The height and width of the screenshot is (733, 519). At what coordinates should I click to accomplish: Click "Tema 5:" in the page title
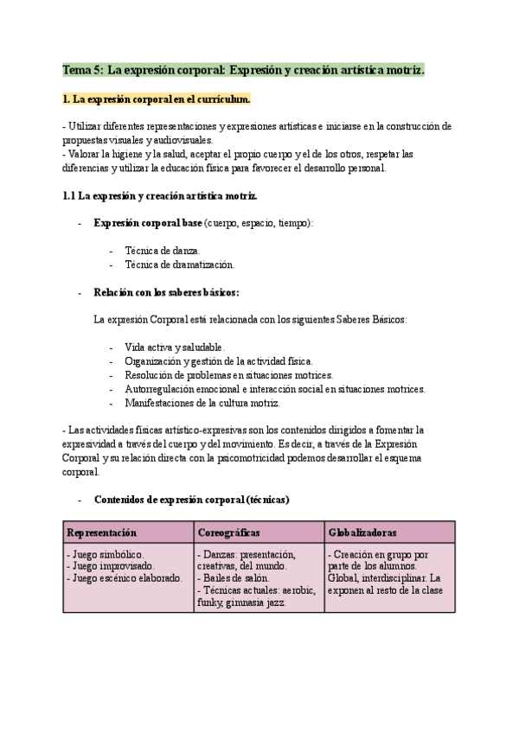tap(83, 69)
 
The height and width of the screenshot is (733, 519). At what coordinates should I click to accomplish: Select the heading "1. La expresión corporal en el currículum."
tap(157, 99)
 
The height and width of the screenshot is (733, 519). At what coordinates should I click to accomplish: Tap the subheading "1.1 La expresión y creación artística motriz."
tap(159, 196)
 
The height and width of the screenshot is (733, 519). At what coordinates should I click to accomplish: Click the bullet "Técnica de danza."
tap(162, 251)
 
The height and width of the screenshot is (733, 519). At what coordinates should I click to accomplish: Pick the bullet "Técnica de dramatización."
tap(179, 265)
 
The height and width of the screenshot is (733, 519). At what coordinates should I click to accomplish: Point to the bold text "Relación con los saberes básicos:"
tap(166, 292)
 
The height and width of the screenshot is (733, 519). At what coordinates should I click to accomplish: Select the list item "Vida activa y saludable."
tap(175, 347)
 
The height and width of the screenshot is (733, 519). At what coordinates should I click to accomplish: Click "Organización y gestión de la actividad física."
tap(219, 360)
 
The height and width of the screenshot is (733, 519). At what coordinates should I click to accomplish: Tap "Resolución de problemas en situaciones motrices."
tap(228, 375)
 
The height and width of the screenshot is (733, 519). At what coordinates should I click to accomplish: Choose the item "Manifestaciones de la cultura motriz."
tap(202, 403)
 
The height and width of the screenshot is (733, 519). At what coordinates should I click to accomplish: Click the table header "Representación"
tap(102, 532)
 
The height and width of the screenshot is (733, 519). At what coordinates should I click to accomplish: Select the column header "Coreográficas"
tap(229, 532)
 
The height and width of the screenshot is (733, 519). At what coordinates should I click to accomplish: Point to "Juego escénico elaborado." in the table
tap(125, 578)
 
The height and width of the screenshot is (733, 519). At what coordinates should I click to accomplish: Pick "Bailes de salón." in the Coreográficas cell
tap(234, 578)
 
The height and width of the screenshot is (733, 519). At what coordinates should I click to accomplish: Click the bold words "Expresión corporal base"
tap(147, 223)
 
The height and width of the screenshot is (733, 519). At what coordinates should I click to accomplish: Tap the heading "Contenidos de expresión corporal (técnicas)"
tap(191, 500)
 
